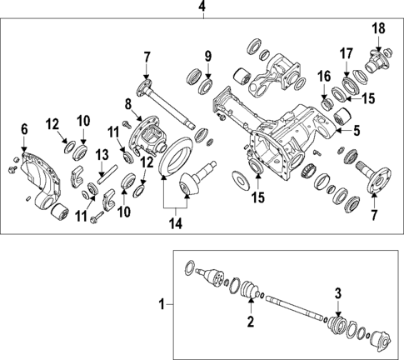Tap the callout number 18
point(378,29)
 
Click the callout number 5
point(357,130)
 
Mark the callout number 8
point(128,104)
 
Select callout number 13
point(102,154)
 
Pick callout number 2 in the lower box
point(250,321)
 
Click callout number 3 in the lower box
point(337,292)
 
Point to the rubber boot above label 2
point(248,290)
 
